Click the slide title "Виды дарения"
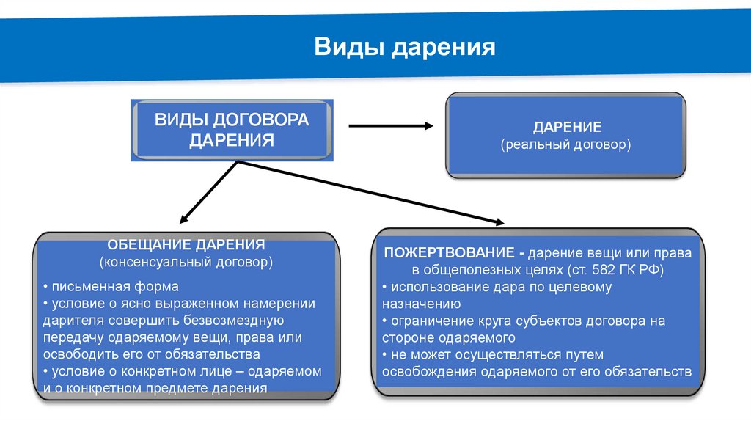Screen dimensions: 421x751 click(405, 48)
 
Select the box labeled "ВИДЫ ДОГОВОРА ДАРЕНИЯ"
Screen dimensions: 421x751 click(232, 130)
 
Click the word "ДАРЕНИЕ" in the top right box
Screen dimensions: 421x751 click(567, 127)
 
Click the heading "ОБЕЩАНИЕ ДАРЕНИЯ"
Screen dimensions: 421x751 click(186, 244)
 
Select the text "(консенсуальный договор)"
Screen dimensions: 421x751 click(186, 261)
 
